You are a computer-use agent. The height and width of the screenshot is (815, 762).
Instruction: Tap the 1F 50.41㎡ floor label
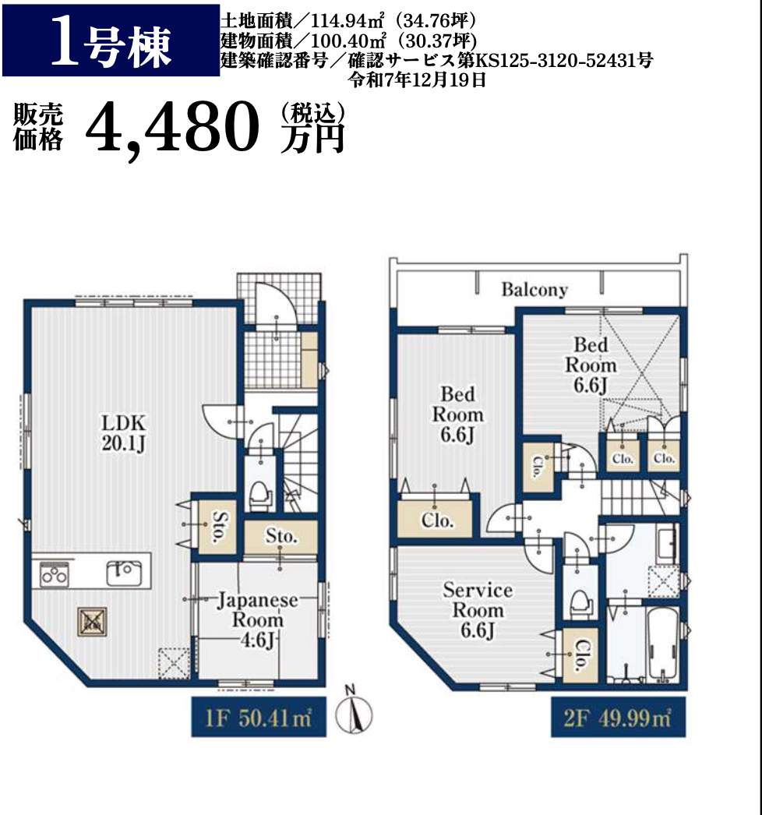[x=259, y=718]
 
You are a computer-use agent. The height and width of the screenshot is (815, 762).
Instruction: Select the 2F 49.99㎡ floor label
[x=618, y=718]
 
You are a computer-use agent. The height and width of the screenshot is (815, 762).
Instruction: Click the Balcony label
[x=534, y=289]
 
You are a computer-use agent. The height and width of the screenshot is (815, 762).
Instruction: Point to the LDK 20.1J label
[x=124, y=432]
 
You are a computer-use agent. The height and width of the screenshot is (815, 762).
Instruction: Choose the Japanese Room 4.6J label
[x=257, y=620]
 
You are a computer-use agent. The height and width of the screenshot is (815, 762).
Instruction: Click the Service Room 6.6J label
[x=477, y=610]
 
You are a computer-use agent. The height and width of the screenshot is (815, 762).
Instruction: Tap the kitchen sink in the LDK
[x=123, y=573]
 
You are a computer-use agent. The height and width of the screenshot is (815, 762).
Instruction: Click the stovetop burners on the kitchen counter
[x=54, y=573]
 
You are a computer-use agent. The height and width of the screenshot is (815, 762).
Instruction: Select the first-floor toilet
[x=260, y=495]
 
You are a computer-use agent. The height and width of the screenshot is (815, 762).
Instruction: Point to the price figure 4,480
[x=172, y=127]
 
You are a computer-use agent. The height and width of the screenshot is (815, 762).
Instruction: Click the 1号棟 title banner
[x=111, y=40]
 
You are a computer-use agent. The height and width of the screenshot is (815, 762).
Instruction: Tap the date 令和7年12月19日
[x=418, y=79]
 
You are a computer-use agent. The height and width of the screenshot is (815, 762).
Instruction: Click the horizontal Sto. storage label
[x=281, y=536]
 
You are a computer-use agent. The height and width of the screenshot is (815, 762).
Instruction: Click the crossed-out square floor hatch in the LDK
[x=93, y=622]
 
